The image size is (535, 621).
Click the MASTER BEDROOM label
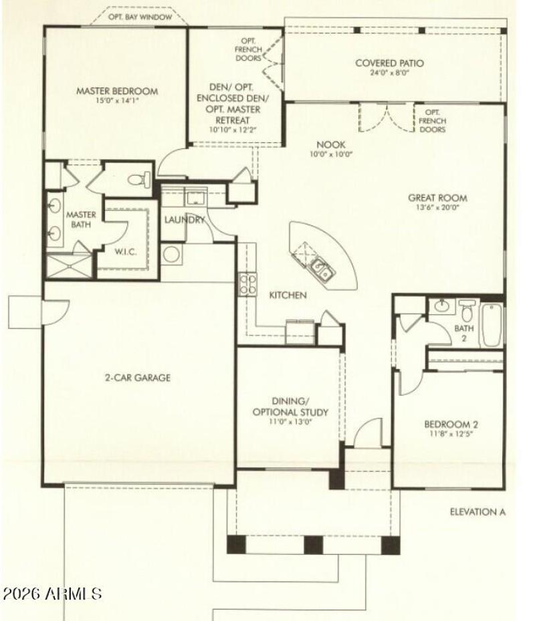coord(116,91)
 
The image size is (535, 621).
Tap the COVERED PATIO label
coord(389,64)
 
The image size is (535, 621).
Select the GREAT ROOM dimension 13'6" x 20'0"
coord(438,209)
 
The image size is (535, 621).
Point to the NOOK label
coord(330,144)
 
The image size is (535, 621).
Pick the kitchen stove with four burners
coord(248,284)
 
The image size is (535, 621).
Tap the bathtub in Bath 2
coord(492,326)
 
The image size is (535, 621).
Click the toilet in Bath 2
coord(467,312)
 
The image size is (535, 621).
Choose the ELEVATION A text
coord(477,513)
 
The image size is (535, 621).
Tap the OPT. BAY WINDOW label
coord(140,18)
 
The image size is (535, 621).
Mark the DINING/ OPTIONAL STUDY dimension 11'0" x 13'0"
coord(290,422)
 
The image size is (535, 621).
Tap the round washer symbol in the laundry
coord(172,254)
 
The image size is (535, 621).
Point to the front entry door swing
coord(367,434)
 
